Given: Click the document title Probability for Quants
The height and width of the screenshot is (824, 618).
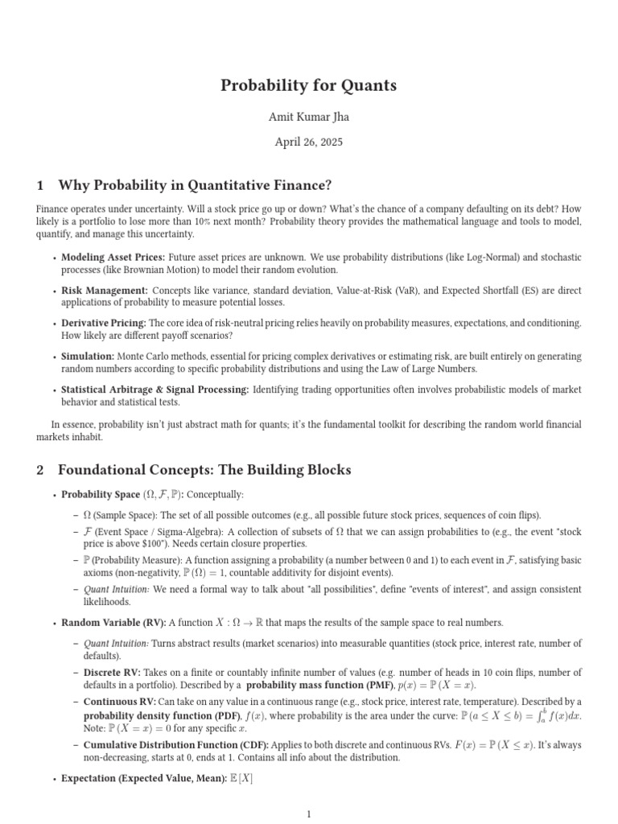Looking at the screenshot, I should coord(309,85).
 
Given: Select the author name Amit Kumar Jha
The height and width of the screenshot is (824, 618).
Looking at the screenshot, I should coord(309,117).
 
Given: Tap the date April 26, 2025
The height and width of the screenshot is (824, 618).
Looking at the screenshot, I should coord(309,142).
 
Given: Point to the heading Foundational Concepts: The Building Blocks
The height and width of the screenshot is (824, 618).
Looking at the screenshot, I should coord(204,469).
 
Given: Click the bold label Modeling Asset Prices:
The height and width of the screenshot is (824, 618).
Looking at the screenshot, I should coord(113,257).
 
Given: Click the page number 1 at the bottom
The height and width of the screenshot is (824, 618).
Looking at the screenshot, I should coord(309,814).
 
